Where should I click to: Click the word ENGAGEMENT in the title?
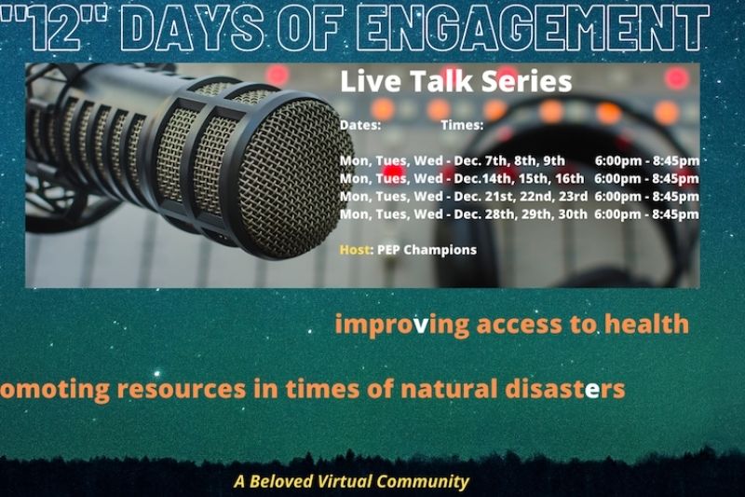(532, 28)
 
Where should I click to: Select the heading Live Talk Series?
(456, 81)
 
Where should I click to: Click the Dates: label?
(360, 125)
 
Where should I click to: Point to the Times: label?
(462, 125)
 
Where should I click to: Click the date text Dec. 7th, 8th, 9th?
(509, 160)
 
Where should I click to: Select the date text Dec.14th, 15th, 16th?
(519, 178)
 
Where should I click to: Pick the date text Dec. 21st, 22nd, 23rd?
(521, 196)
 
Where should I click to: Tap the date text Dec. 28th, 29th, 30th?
(521, 214)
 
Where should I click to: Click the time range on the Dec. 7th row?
(647, 161)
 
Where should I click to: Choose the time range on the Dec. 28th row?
(646, 214)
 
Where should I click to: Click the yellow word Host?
(355, 250)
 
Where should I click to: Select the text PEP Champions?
(427, 250)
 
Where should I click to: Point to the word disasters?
(565, 389)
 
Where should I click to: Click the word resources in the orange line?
(182, 389)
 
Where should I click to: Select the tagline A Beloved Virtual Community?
(352, 481)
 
